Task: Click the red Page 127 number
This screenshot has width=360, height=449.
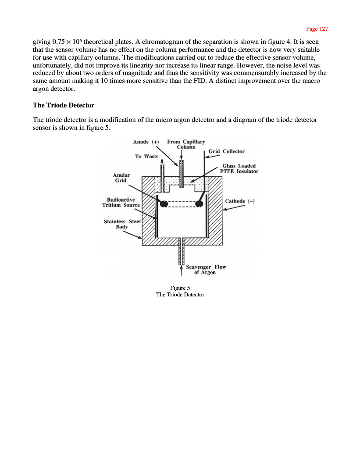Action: pyautogui.click(x=317, y=29)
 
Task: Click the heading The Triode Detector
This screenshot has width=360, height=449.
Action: pyautogui.click(x=64, y=105)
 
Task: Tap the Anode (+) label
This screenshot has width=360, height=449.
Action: pyautogui.click(x=146, y=142)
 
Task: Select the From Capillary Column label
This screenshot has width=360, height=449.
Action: pyautogui.click(x=186, y=144)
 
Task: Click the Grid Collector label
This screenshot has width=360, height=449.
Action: pyautogui.click(x=226, y=151)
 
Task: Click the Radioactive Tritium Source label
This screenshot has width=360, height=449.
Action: pyautogui.click(x=121, y=203)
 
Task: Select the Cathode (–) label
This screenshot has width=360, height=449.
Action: pyautogui.click(x=240, y=201)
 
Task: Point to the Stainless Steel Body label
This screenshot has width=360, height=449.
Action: pyautogui.click(x=122, y=224)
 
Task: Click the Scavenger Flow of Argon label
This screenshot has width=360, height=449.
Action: pyautogui.click(x=206, y=269)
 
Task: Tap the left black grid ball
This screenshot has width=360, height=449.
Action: pyautogui.click(x=164, y=204)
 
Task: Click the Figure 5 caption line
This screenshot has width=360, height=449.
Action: pyautogui.click(x=180, y=288)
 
